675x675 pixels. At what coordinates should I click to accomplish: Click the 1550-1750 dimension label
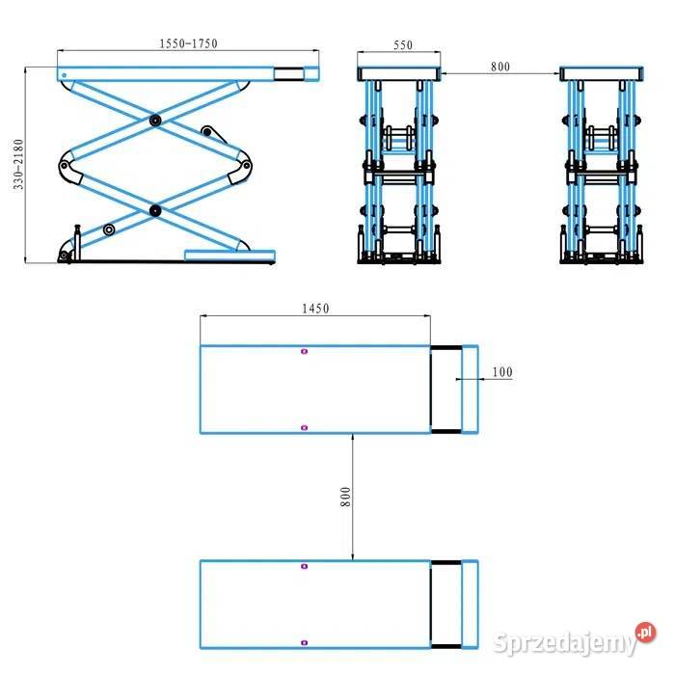click(189, 43)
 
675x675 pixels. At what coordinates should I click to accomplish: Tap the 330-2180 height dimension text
click(18, 165)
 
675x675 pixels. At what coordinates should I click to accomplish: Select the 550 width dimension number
click(403, 45)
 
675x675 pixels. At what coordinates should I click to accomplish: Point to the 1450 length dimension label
click(315, 309)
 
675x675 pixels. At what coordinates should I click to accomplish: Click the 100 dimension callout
click(502, 372)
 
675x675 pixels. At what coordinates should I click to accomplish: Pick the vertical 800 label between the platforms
click(345, 497)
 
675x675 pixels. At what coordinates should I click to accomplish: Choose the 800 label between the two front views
click(500, 67)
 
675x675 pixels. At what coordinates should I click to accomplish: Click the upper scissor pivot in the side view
click(155, 121)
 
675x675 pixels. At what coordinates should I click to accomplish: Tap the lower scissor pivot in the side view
click(155, 210)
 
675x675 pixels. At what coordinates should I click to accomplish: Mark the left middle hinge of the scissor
click(65, 165)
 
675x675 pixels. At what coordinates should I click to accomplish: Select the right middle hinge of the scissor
click(246, 165)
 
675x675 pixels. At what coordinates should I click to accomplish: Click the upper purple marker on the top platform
click(305, 351)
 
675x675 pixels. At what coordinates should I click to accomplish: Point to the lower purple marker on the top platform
click(305, 427)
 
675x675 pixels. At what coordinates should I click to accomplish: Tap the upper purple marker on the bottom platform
click(305, 566)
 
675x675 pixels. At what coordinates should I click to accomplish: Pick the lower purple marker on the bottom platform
click(305, 643)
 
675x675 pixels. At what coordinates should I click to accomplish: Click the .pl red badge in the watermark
click(645, 633)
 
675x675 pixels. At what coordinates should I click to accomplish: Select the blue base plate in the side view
click(229, 256)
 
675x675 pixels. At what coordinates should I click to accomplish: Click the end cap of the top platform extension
click(470, 390)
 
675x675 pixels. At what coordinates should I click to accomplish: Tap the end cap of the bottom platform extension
click(470, 604)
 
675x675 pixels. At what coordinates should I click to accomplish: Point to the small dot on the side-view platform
click(65, 75)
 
